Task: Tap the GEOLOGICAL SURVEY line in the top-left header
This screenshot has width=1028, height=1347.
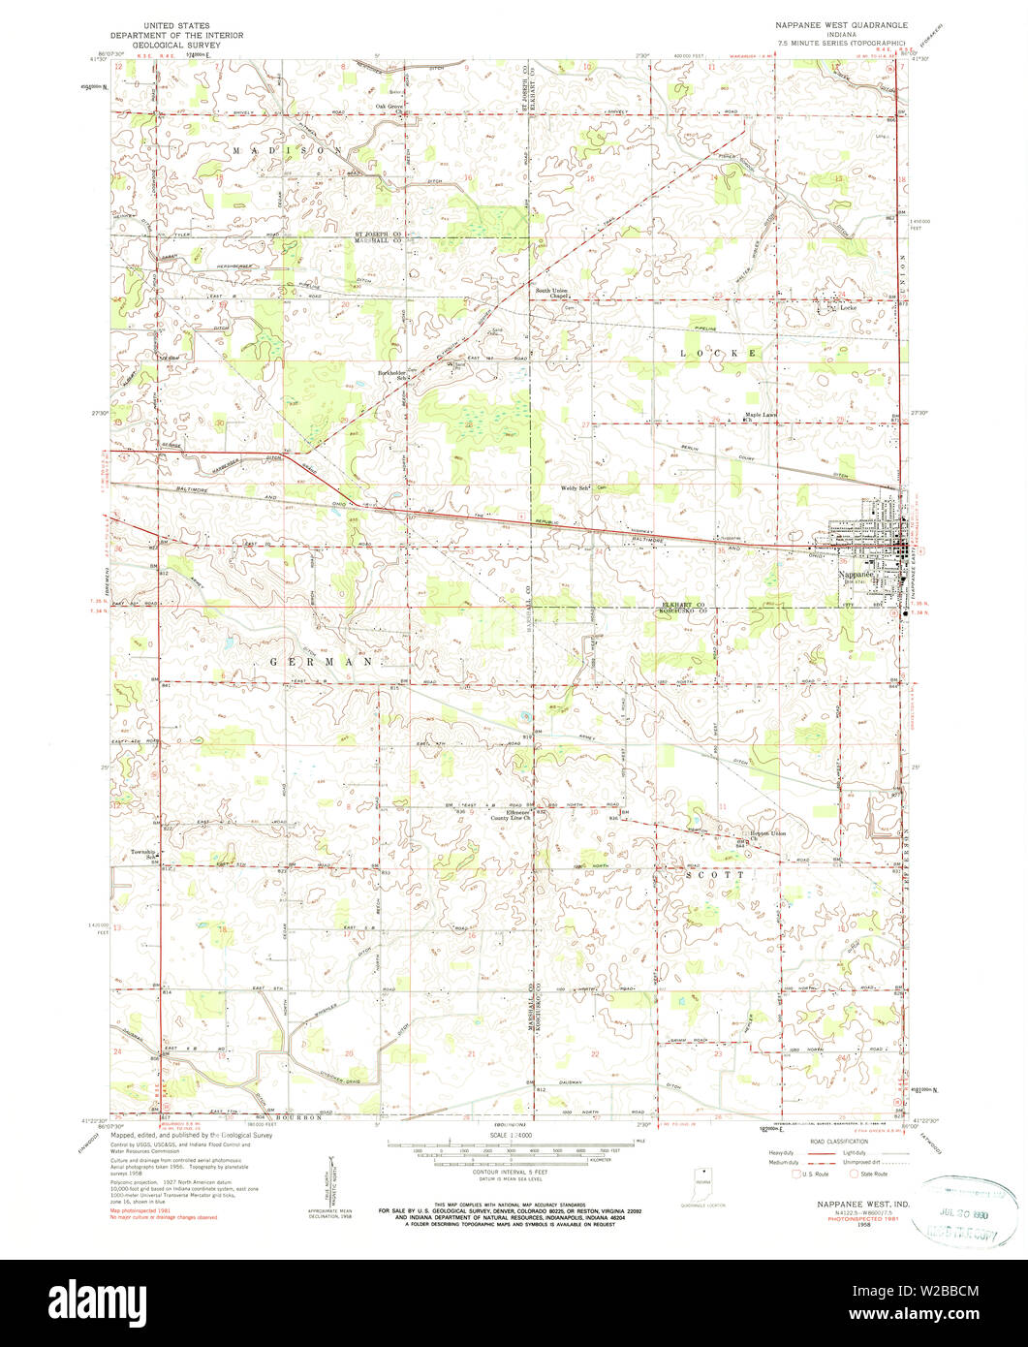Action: [x=177, y=44]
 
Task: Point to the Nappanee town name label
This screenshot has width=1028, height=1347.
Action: [x=856, y=575]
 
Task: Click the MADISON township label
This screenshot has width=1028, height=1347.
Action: [x=287, y=152]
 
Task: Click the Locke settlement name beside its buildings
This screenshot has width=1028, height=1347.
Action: [x=849, y=307]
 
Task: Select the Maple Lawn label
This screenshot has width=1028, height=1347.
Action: [x=761, y=417]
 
